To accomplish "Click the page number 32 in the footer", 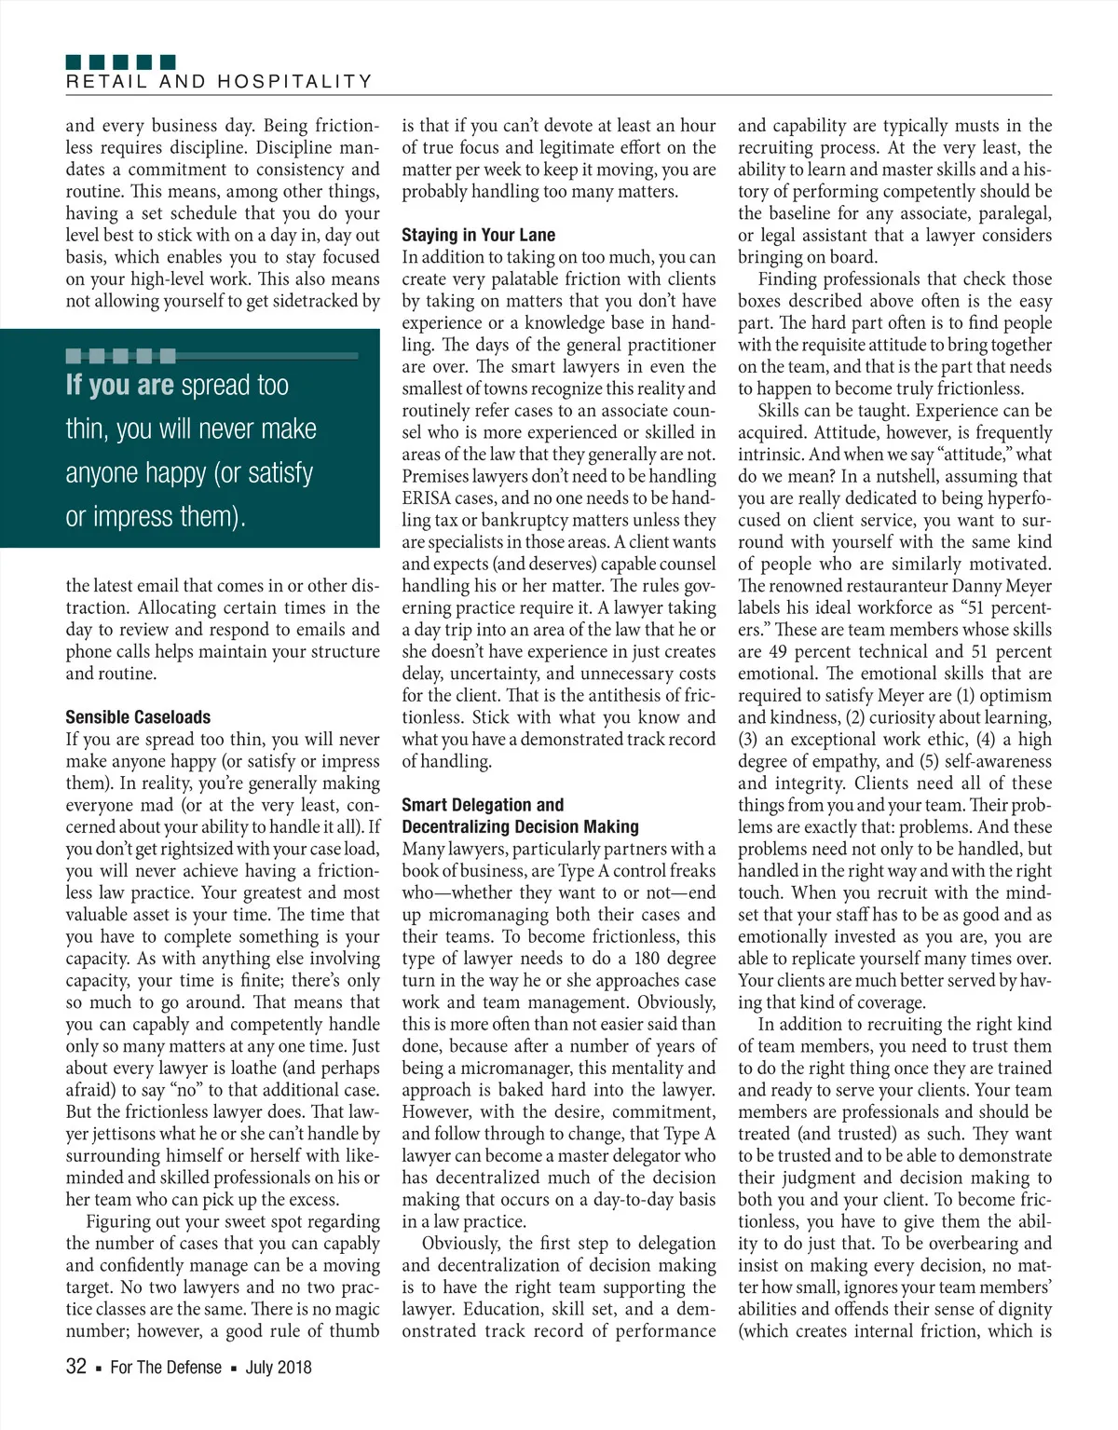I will point(76,1367).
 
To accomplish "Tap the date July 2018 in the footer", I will point(279,1368).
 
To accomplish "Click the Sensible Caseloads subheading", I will point(138,717).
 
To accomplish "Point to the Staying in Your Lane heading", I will point(478,235).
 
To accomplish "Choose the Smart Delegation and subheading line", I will point(483,805).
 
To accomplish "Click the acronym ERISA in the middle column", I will point(427,498).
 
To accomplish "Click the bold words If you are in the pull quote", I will point(119,386).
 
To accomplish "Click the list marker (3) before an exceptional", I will point(748,740).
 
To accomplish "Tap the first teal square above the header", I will point(74,62).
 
